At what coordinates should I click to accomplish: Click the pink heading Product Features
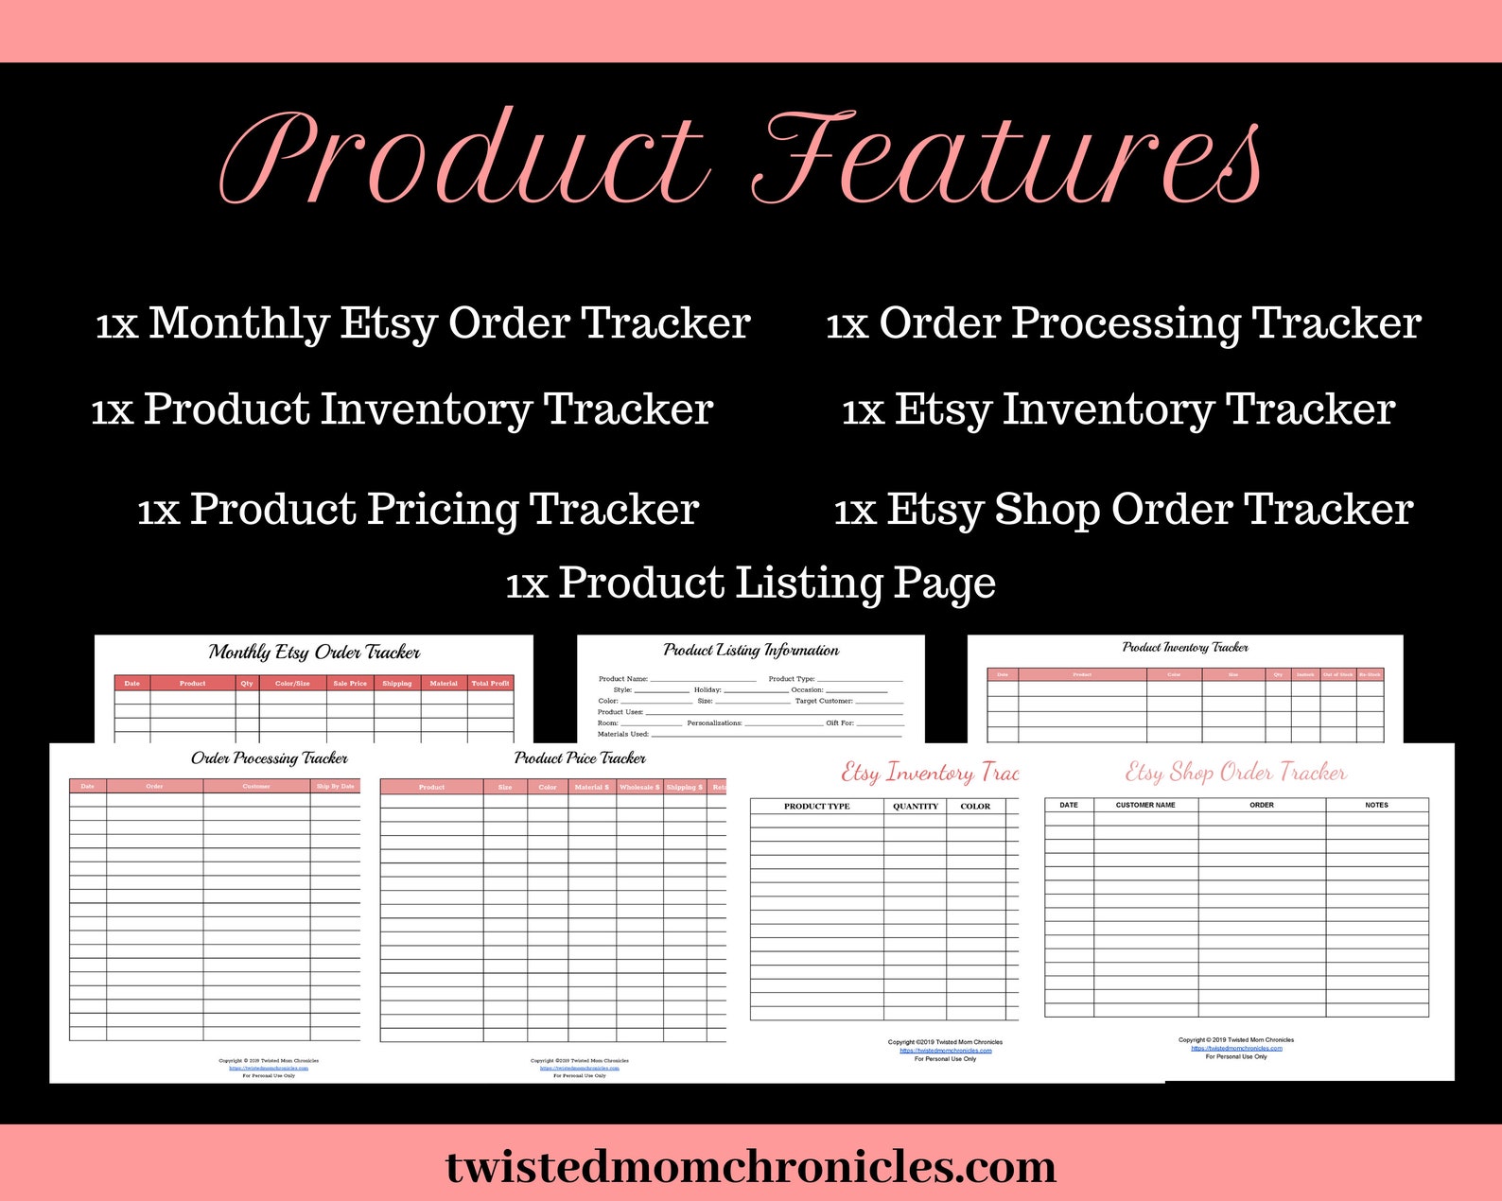click(741, 158)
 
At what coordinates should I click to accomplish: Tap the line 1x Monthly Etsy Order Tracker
click(423, 323)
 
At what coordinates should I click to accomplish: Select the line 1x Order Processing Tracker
click(1123, 323)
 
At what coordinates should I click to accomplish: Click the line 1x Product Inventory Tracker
click(402, 409)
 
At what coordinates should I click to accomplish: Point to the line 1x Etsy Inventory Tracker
click(1118, 409)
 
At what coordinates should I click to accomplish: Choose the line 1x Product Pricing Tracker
click(418, 509)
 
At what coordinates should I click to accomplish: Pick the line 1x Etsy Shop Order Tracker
click(1123, 509)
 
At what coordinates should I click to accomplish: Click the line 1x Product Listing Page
click(750, 583)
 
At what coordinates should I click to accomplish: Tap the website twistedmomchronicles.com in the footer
click(751, 1166)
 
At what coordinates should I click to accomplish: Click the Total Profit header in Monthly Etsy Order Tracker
click(490, 683)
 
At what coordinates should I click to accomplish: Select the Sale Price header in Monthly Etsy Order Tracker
click(350, 683)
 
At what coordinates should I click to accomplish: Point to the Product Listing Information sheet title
click(751, 650)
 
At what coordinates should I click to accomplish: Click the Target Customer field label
click(824, 701)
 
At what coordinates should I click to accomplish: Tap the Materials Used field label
click(623, 734)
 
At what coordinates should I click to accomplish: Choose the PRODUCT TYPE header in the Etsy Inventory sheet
click(816, 807)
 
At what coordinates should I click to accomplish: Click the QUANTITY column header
click(916, 807)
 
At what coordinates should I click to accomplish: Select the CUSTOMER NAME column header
click(1145, 805)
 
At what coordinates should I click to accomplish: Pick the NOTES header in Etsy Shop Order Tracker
click(1376, 805)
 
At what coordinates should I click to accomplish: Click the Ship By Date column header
click(335, 786)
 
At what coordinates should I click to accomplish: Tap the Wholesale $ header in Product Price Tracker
click(639, 787)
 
